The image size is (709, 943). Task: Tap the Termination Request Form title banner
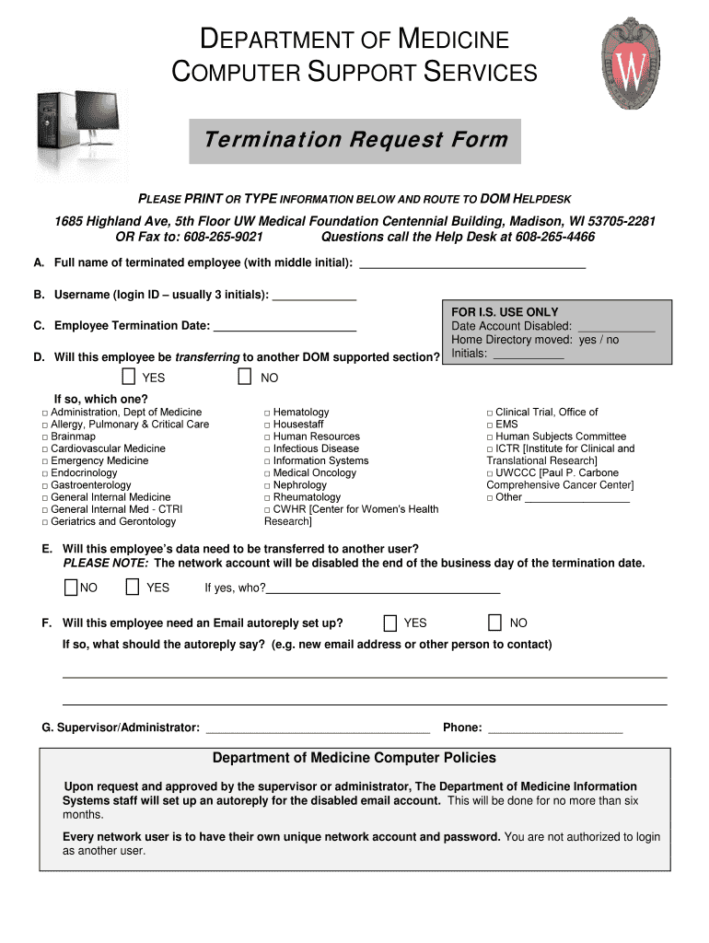click(x=355, y=140)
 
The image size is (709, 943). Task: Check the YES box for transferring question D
click(x=129, y=377)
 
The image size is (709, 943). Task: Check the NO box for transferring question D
click(x=245, y=377)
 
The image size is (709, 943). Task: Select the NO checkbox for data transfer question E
click(x=71, y=588)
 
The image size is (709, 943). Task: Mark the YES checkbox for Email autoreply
click(x=390, y=623)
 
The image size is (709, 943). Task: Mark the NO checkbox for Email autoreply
click(x=495, y=623)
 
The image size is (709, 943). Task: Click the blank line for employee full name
click(x=471, y=265)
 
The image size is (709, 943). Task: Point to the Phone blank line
click(x=554, y=730)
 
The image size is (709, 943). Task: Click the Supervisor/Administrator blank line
click(x=318, y=730)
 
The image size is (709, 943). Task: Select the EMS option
click(x=506, y=425)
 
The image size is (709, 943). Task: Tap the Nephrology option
click(x=299, y=485)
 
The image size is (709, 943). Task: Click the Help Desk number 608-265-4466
click(x=551, y=238)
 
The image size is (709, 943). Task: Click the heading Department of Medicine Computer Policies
click(x=354, y=758)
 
